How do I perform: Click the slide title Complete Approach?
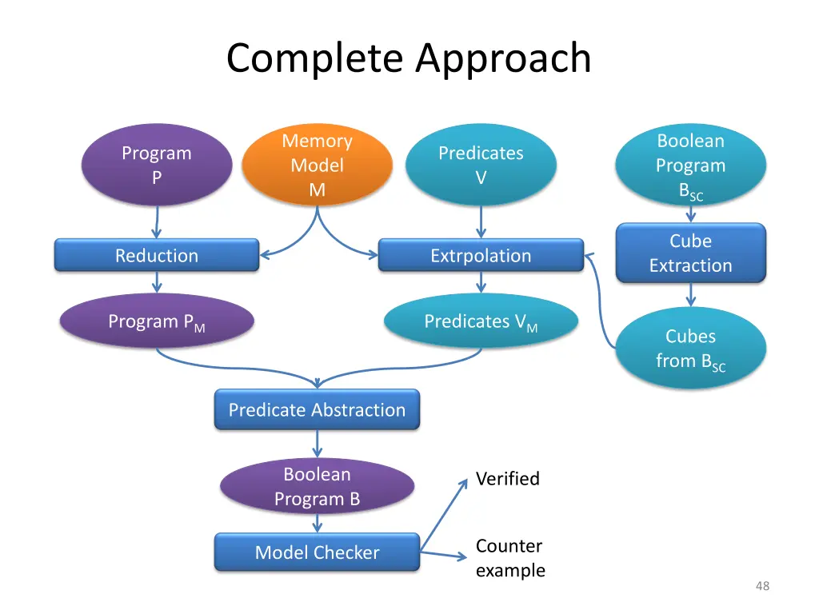pyautogui.click(x=409, y=58)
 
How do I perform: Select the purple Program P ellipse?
pyautogui.click(x=157, y=165)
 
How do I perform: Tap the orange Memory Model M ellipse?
pyautogui.click(x=318, y=165)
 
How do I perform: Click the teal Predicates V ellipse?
pyautogui.click(x=481, y=165)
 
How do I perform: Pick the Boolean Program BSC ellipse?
pyautogui.click(x=690, y=166)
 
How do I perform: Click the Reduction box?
pyautogui.click(x=157, y=256)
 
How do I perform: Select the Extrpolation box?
pyautogui.click(x=481, y=256)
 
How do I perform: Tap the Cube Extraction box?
pyautogui.click(x=690, y=253)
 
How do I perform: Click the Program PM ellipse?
pyautogui.click(x=157, y=322)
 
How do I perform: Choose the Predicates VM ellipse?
pyautogui.click(x=481, y=322)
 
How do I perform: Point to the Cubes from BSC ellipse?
pyautogui.click(x=690, y=349)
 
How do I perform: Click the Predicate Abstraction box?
pyautogui.click(x=318, y=410)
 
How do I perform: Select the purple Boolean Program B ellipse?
pyautogui.click(x=318, y=486)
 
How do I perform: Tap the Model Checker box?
pyautogui.click(x=318, y=552)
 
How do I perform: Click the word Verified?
pyautogui.click(x=507, y=479)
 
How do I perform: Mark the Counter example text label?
pyautogui.click(x=510, y=558)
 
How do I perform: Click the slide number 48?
pyautogui.click(x=762, y=586)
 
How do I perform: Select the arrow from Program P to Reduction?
pyautogui.click(x=157, y=221)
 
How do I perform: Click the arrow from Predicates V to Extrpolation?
pyautogui.click(x=481, y=221)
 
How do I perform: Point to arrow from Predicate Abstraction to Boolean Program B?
pyautogui.click(x=318, y=443)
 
